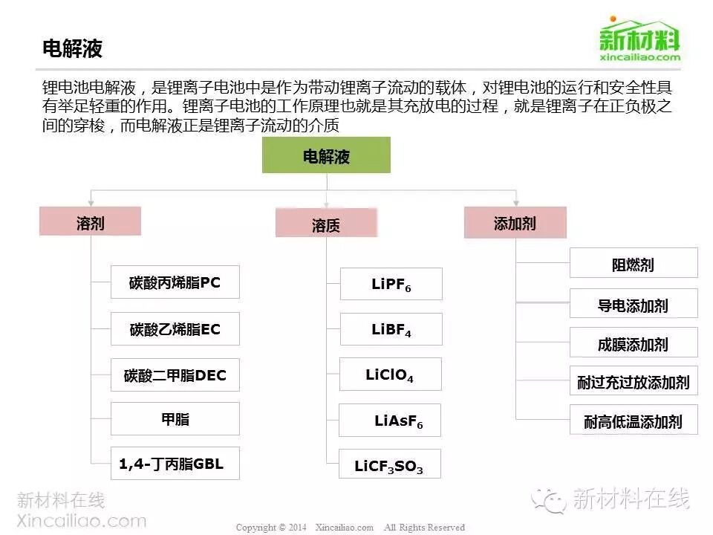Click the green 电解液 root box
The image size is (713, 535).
pos(326,155)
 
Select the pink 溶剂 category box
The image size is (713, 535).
pos(90,221)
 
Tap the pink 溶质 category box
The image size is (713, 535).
pos(326,224)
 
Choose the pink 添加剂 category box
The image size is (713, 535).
pos(515,222)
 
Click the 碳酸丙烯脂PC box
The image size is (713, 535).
pos(175,282)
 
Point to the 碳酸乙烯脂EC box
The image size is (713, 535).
pos(175,328)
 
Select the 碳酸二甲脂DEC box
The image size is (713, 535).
pos(175,374)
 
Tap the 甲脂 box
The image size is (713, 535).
pos(175,418)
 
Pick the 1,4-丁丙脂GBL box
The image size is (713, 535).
pos(175,464)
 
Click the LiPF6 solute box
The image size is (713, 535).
pos(391,284)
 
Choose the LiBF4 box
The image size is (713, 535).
pos(391,329)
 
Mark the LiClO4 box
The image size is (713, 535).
pos(390,374)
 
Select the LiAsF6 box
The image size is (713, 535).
pos(390,420)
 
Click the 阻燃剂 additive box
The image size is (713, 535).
pos(634,263)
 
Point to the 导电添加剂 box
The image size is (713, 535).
pos(634,304)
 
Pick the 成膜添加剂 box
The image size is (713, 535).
pos(634,343)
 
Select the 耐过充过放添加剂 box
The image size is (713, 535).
pos(634,382)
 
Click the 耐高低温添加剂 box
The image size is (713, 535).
pos(634,421)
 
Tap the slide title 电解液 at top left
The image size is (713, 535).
pos(72,49)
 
